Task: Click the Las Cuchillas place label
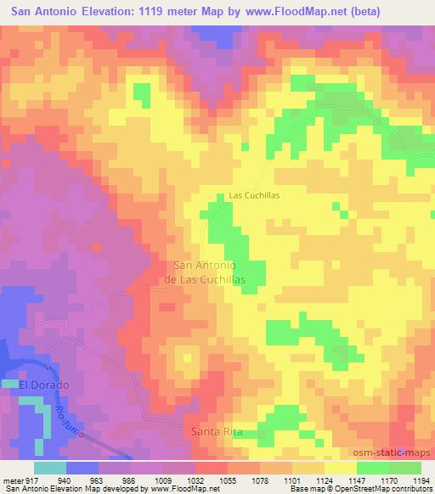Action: tap(254, 195)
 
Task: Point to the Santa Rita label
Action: tap(217, 432)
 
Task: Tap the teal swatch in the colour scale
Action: tap(50, 467)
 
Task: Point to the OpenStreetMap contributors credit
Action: tap(374, 489)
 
